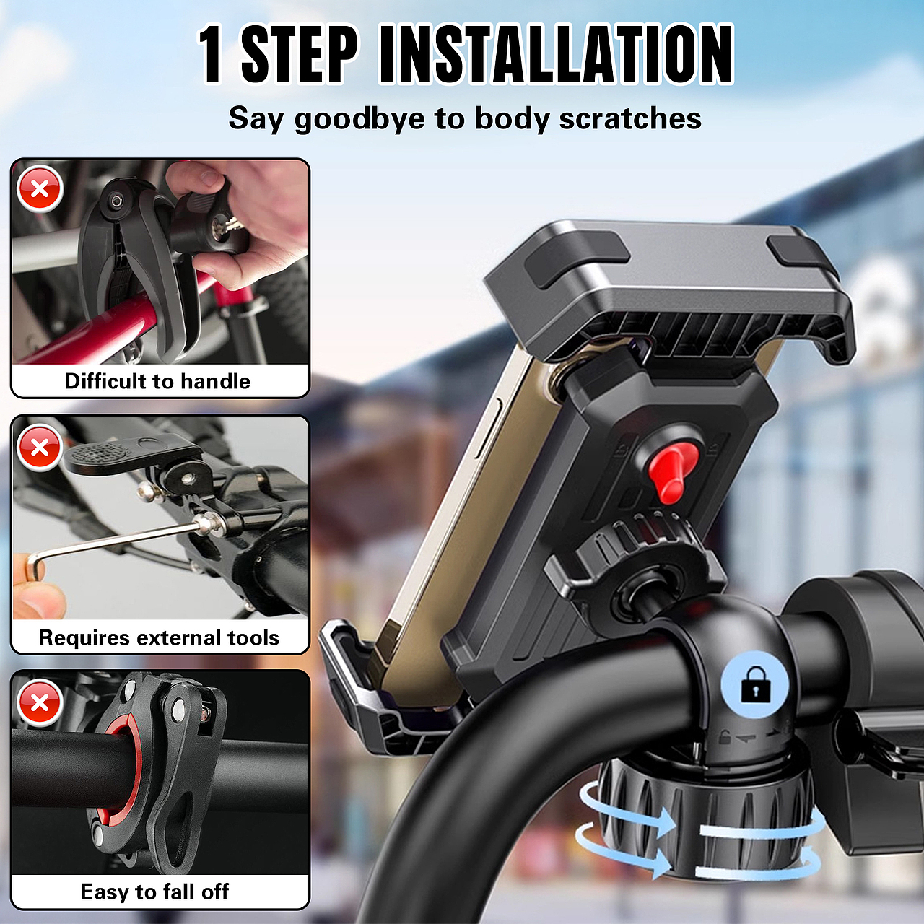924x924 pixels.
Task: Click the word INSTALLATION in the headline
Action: (x=557, y=54)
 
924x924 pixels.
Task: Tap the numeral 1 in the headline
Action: (x=211, y=54)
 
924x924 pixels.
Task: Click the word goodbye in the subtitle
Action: (x=359, y=119)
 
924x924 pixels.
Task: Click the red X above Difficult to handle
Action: (x=40, y=188)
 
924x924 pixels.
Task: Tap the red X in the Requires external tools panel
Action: (x=40, y=448)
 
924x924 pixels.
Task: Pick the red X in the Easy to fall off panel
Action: (x=40, y=702)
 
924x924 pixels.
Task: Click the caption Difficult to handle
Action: (x=158, y=381)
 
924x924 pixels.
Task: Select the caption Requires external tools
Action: (x=159, y=637)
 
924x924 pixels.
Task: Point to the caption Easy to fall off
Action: (x=154, y=892)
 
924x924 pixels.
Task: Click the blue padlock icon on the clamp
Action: (x=755, y=684)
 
